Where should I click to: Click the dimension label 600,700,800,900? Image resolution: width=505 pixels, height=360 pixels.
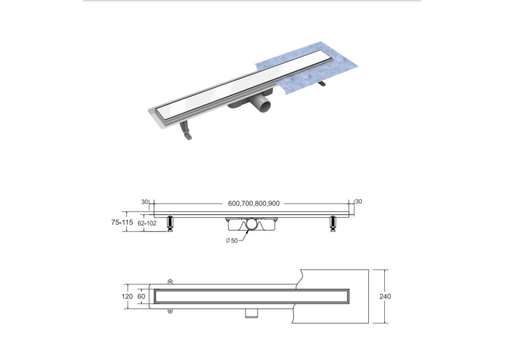pos(253,203)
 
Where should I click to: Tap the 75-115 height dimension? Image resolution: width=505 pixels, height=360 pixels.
pos(121,222)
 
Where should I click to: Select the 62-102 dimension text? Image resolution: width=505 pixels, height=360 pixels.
pos(147,223)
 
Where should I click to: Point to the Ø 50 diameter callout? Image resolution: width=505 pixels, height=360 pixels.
pos(232,240)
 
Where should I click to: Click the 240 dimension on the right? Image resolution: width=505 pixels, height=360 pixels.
pos(386,297)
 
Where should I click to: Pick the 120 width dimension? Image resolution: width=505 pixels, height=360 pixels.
pos(127,297)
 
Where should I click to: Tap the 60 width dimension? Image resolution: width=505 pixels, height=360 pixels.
pos(141,297)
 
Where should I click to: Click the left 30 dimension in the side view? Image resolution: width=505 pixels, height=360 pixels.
pos(145,201)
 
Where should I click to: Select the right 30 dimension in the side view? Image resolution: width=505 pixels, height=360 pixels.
pos(358,201)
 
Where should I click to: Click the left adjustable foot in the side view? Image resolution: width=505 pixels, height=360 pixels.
pos(170,224)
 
